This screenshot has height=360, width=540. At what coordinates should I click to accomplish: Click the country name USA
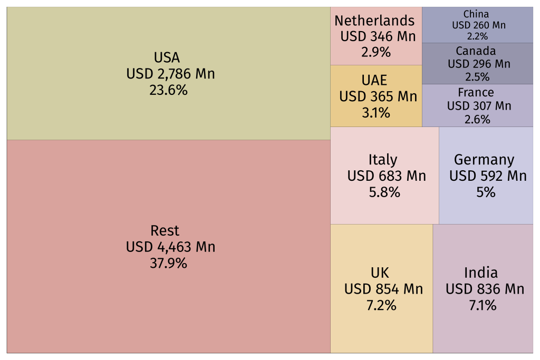coord(167,57)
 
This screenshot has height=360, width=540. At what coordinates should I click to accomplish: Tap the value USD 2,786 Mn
coord(170,74)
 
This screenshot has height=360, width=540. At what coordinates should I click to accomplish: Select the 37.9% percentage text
coord(168,263)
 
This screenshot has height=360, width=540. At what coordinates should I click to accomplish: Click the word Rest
coord(165,230)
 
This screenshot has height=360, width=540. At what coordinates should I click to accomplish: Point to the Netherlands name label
coord(374,21)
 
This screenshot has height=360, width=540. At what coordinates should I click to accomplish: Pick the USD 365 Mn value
coord(378,96)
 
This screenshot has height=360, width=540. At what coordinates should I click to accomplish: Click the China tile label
coord(476,14)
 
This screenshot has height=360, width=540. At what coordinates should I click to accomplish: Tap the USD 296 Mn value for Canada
coord(479,64)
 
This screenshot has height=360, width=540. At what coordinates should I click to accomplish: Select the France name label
coord(476,93)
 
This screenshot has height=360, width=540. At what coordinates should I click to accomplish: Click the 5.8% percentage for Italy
coord(384,192)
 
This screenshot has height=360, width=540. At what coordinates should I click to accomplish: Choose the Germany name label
coord(484,160)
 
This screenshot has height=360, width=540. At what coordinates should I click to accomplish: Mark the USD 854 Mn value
coord(383,289)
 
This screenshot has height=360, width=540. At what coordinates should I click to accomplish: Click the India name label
coord(481,273)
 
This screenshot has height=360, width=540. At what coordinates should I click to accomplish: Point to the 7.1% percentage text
coord(483,305)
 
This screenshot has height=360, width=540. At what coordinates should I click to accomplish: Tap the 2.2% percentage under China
coord(477,36)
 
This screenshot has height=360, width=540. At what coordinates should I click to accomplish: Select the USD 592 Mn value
coord(488,176)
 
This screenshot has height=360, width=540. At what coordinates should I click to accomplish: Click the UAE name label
coord(374,80)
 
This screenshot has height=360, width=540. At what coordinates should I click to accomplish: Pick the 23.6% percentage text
coord(168,90)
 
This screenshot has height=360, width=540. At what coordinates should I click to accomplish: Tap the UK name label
coord(380,273)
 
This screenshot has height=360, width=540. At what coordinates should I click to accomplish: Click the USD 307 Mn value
coord(479,106)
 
